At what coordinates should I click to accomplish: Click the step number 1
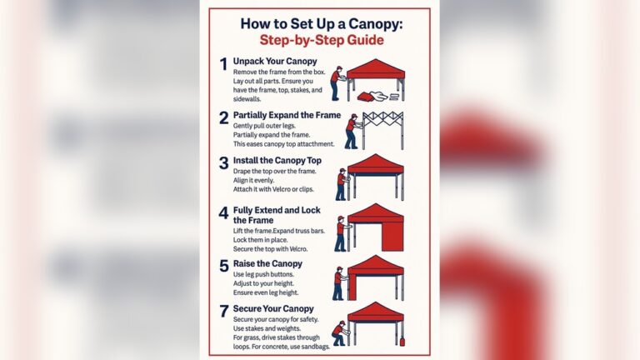coord(223,64)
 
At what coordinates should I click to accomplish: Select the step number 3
coord(223,162)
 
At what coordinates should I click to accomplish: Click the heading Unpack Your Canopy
coord(275,62)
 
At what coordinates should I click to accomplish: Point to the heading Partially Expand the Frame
coord(287,115)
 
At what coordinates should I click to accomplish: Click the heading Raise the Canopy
coord(267,263)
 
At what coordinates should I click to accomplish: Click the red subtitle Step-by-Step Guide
coord(320,41)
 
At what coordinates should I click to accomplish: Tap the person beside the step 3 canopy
coord(341,183)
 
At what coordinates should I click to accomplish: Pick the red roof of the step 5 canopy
coord(375,265)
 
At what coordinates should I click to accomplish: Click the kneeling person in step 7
coord(338,332)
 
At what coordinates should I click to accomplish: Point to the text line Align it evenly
coord(257,182)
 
